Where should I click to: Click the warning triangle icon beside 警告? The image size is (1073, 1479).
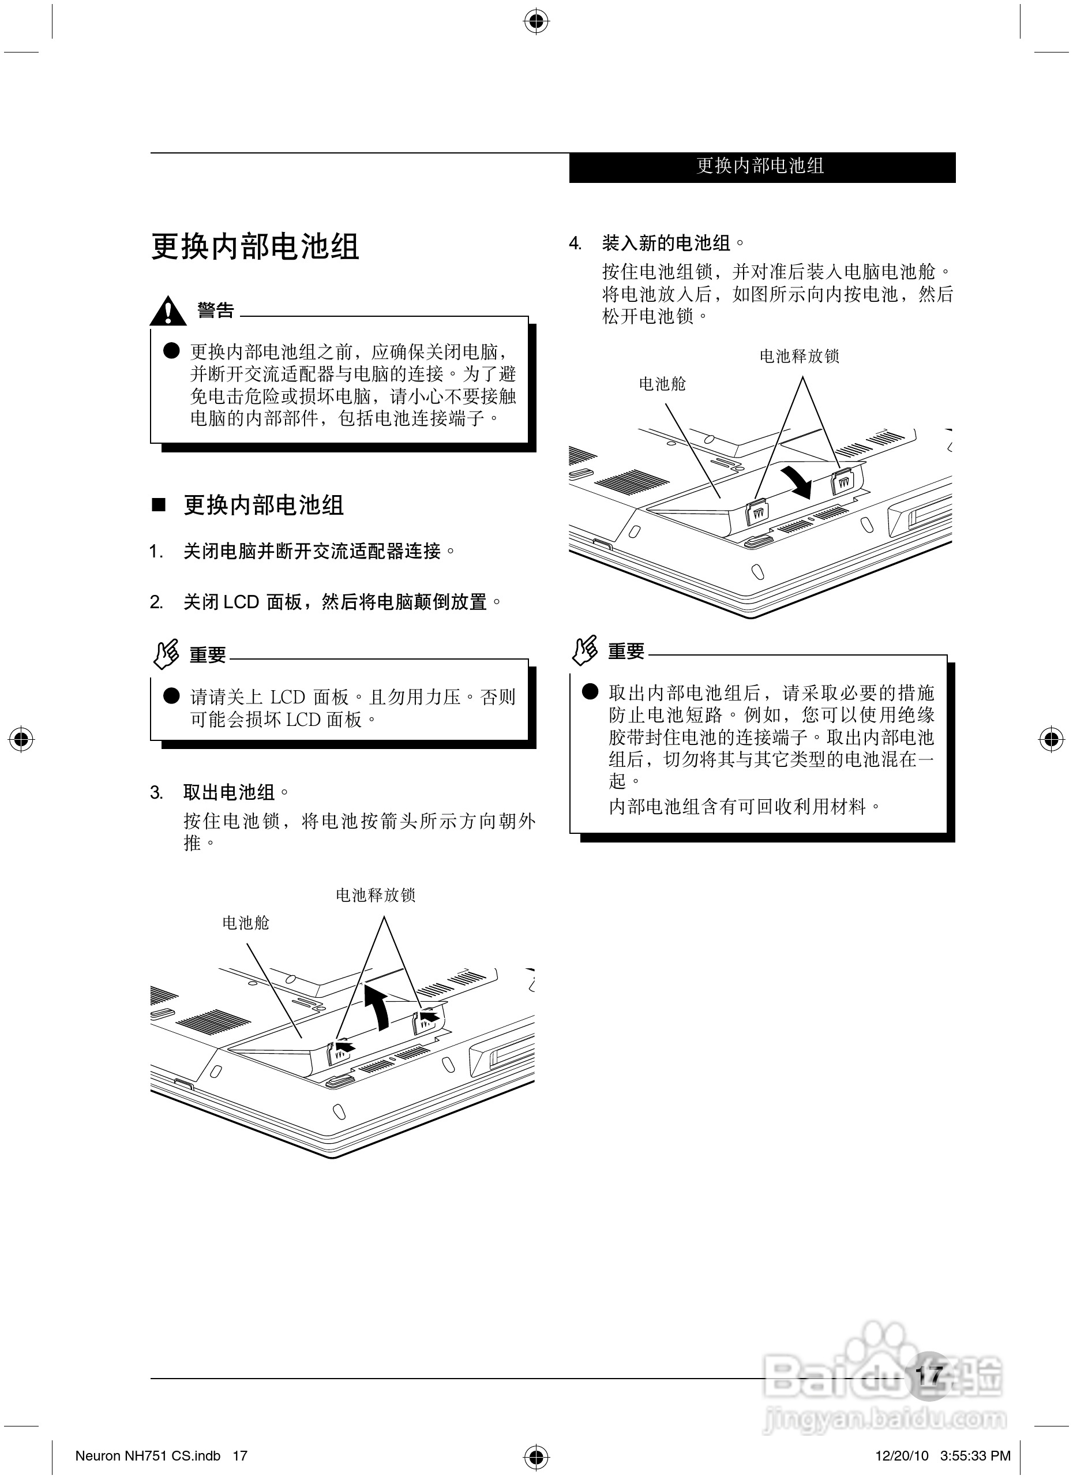(x=167, y=311)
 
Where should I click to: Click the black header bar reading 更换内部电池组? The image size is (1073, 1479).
(x=761, y=167)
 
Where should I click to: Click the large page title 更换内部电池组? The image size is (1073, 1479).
(x=255, y=247)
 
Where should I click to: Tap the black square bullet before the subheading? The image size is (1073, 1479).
(x=159, y=505)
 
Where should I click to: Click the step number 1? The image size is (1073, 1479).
(x=155, y=552)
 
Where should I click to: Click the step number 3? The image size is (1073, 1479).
(x=156, y=793)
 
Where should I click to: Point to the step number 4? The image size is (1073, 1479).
(x=575, y=244)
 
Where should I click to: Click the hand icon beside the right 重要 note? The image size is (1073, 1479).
(x=585, y=650)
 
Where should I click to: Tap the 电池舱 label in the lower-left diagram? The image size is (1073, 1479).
(x=246, y=923)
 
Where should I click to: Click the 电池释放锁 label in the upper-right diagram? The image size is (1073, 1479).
(x=799, y=356)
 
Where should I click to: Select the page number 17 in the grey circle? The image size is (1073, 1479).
(x=929, y=1375)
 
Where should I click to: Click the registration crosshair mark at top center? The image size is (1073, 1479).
(x=536, y=21)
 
